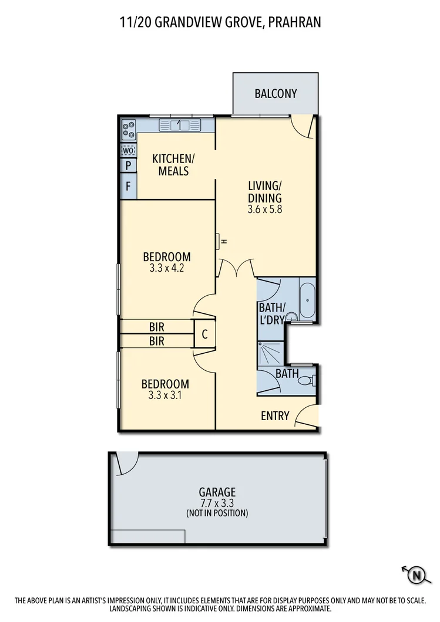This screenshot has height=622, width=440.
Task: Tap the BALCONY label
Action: (x=276, y=94)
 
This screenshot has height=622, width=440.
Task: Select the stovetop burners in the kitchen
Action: (x=128, y=129)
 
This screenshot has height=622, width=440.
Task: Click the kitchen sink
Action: (x=180, y=125)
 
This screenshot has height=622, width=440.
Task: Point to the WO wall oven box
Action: (x=128, y=150)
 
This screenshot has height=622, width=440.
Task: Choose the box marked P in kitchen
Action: (x=128, y=166)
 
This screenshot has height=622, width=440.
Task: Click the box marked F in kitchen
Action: (x=128, y=187)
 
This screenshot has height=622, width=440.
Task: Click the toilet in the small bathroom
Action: (x=306, y=381)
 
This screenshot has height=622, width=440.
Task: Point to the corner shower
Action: (x=268, y=354)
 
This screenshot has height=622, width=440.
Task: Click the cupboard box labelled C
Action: (x=204, y=334)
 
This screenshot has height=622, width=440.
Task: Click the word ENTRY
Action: (x=275, y=416)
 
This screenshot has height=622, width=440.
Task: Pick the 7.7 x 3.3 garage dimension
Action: (x=217, y=503)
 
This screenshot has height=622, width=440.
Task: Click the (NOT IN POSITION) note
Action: (x=217, y=513)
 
